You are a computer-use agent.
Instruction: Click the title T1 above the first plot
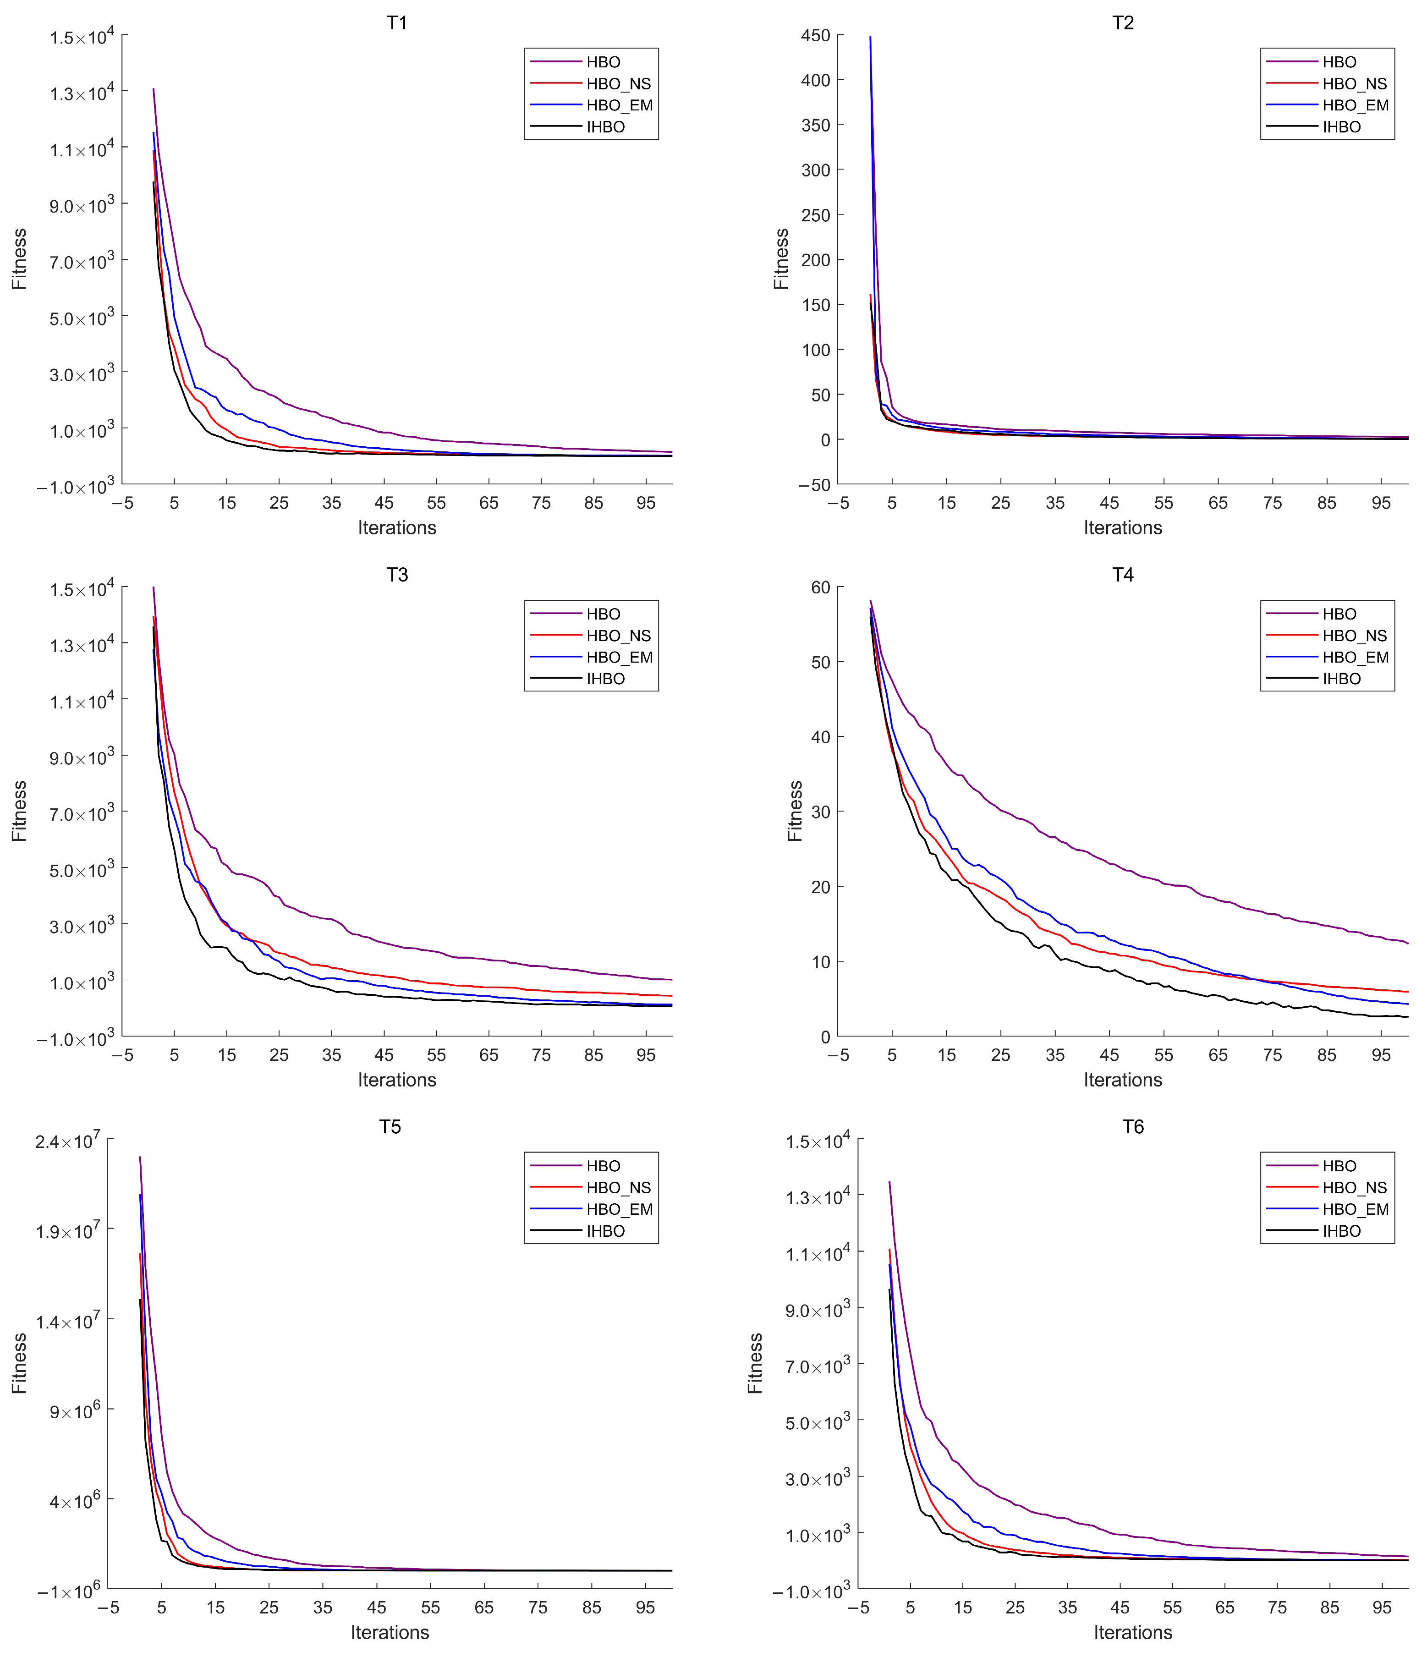click(x=397, y=22)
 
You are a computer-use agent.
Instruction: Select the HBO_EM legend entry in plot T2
click(x=1355, y=105)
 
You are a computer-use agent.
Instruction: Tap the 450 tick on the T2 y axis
click(x=815, y=35)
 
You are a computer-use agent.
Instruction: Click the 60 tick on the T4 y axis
click(x=821, y=588)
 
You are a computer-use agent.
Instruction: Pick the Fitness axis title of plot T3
click(x=19, y=811)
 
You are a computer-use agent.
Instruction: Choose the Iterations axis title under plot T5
click(x=390, y=1632)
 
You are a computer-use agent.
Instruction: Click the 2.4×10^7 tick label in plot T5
click(x=67, y=1141)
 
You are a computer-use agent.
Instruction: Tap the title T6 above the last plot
click(x=1133, y=1127)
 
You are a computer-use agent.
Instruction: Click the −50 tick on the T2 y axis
click(x=814, y=485)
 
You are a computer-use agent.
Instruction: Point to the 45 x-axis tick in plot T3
click(x=384, y=1055)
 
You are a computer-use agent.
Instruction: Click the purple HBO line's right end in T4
click(x=1407, y=944)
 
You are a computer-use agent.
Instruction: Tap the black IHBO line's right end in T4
click(x=1407, y=1016)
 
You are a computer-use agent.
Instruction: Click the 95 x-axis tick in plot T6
click(x=1382, y=1608)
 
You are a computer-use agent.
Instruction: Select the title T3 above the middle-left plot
click(x=397, y=575)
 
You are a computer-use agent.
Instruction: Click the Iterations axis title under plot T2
click(x=1122, y=528)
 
